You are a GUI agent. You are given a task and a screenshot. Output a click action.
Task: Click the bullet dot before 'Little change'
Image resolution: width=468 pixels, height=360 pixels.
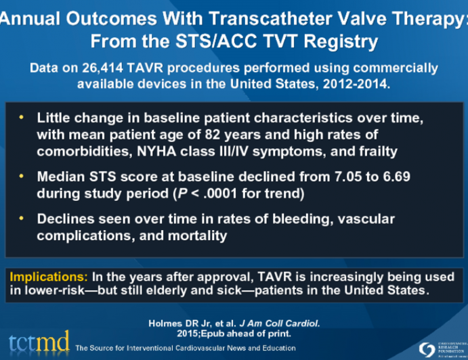point(21,116)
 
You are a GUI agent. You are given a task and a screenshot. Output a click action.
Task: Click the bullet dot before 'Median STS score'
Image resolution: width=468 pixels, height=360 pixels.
point(21,176)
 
